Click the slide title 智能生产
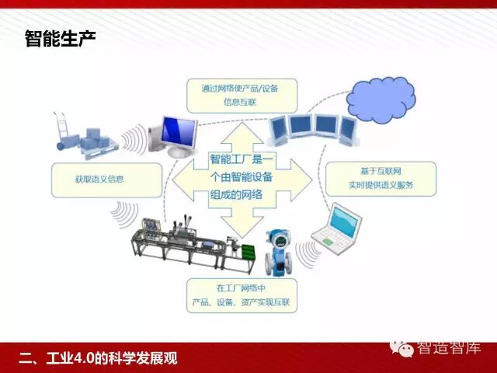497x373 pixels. click(60, 38)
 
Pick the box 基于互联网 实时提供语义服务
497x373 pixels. click(380, 179)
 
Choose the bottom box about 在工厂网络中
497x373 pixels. click(241, 295)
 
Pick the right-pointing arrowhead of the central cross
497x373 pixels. click(304, 180)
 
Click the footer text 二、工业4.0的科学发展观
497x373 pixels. click(98, 358)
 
